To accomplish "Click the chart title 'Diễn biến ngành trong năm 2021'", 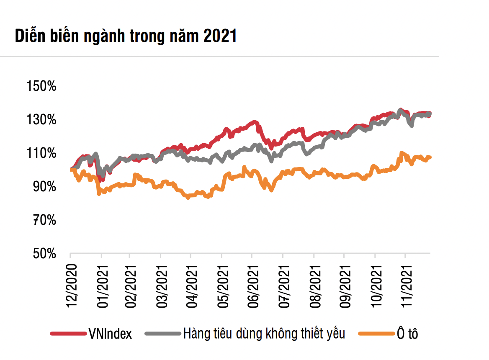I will [126, 37].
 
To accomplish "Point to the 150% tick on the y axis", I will [41, 87].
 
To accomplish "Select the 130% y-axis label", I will [41, 120].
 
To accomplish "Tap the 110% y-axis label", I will [41, 153].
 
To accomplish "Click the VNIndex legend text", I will [110, 334].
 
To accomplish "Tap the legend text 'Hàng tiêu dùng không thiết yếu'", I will [264, 334].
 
